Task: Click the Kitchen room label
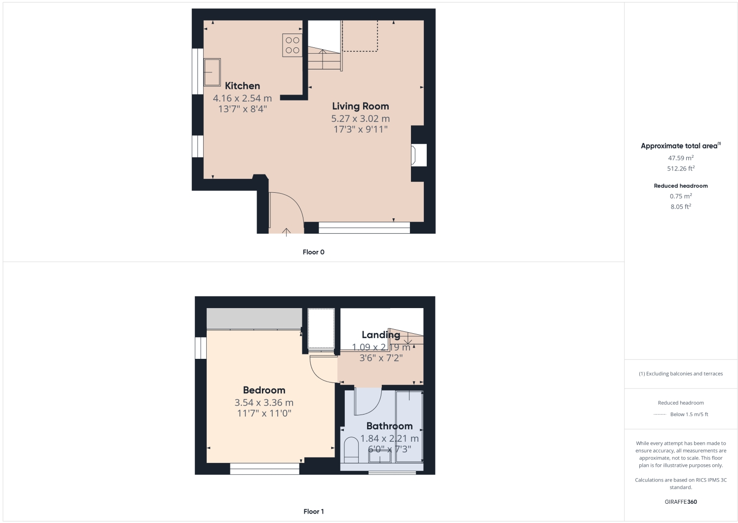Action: click(242, 86)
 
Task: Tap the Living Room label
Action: click(360, 106)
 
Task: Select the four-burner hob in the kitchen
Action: click(292, 45)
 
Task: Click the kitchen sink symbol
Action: click(212, 72)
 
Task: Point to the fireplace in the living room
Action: click(418, 155)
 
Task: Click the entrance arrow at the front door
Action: click(286, 231)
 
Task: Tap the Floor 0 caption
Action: click(313, 252)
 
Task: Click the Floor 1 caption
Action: click(313, 511)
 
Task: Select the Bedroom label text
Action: click(264, 390)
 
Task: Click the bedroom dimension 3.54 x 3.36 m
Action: click(264, 403)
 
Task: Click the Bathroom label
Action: click(389, 426)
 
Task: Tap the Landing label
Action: click(380, 335)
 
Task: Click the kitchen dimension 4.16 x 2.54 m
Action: click(242, 98)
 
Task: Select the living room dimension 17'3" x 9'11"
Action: click(360, 129)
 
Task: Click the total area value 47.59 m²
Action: click(681, 158)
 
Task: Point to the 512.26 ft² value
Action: click(681, 169)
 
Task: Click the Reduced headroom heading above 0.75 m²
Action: click(681, 186)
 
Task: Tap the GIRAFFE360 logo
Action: click(681, 502)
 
